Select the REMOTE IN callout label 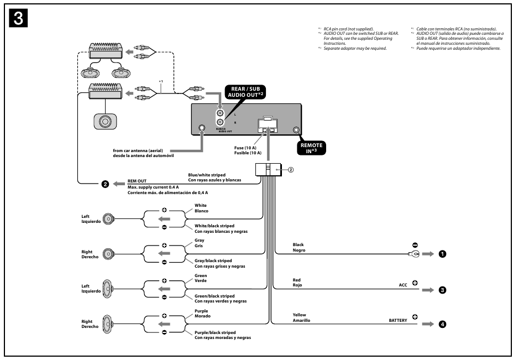(311, 148)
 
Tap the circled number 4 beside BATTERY (442, 324)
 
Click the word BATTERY (397, 320)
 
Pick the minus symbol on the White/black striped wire (164, 228)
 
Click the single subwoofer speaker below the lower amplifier (104, 121)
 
